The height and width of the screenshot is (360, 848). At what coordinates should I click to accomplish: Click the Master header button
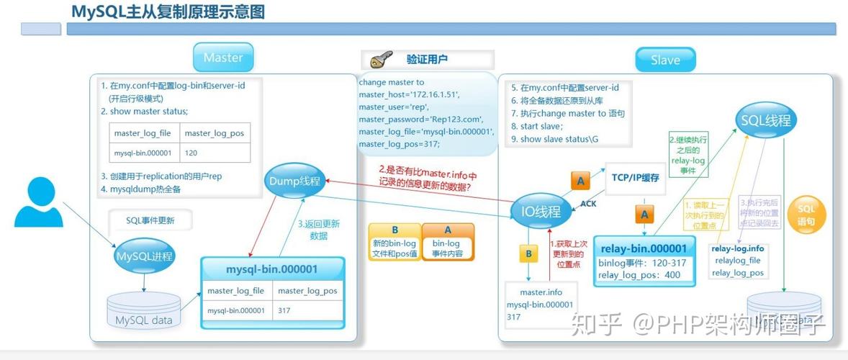point(223,58)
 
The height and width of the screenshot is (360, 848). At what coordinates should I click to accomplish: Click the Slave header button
point(664,60)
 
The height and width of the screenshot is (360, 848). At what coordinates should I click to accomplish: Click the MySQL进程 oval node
point(144,256)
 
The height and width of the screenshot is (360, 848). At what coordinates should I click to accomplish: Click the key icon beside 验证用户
point(380,59)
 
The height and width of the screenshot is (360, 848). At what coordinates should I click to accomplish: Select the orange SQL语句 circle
point(806,215)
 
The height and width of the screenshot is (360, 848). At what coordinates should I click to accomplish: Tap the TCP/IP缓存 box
point(635,177)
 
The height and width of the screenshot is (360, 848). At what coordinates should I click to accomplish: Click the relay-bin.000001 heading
point(644,248)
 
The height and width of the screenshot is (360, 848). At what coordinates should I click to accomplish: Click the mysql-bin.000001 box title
point(271,269)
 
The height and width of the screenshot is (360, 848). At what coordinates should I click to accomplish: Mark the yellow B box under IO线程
point(528,253)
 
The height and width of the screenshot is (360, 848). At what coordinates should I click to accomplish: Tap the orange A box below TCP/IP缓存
point(644,214)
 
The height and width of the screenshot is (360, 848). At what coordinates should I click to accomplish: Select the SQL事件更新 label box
point(150,220)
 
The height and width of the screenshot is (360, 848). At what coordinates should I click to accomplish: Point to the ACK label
point(588,204)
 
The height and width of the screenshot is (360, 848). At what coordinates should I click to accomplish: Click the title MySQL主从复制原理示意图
point(168,12)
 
